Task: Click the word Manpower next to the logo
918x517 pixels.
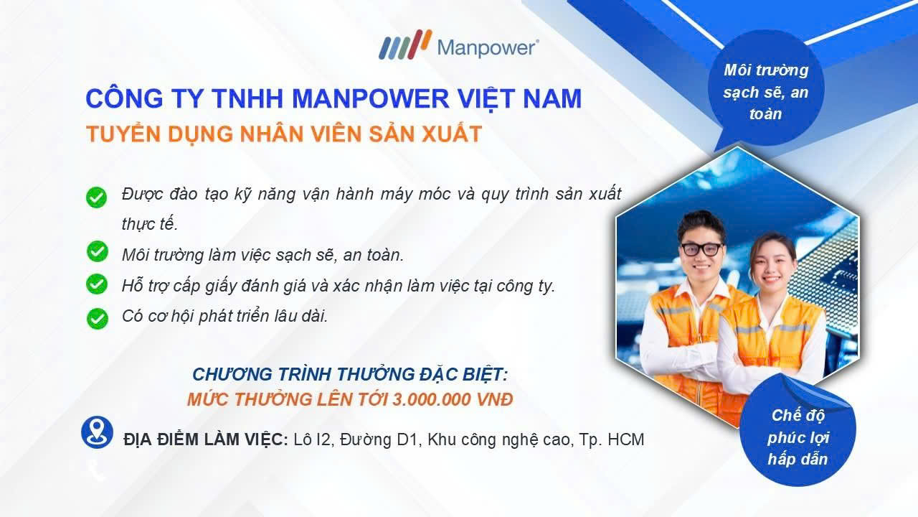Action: click(x=487, y=48)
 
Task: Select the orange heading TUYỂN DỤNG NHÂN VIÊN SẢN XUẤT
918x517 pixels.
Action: click(x=283, y=134)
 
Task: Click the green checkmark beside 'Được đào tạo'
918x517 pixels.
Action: click(x=96, y=197)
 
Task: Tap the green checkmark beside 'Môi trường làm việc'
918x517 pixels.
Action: click(x=96, y=252)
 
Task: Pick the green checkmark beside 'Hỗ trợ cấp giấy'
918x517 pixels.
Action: click(x=96, y=284)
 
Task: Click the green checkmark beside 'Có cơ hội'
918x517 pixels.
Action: click(x=96, y=317)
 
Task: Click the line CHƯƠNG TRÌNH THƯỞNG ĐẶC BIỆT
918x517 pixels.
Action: click(x=350, y=375)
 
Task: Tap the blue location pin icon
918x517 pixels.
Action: click(x=97, y=432)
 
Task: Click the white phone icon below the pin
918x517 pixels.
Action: click(x=96, y=470)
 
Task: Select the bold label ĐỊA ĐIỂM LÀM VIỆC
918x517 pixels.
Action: click(x=206, y=439)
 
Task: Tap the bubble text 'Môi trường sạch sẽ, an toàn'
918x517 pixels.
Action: click(x=766, y=92)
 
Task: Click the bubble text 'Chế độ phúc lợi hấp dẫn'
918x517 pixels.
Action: click(x=797, y=437)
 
